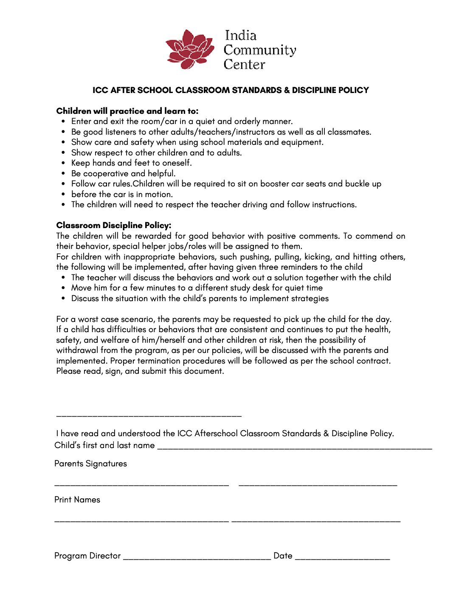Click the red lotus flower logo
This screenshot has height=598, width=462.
click(x=190, y=50)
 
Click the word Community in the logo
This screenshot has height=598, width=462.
click(x=260, y=50)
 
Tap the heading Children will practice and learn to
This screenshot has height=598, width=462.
click(x=127, y=111)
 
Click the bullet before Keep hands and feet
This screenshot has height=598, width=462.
click(x=63, y=163)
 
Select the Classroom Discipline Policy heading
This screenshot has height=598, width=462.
click(x=114, y=226)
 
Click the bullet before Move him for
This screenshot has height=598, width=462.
click(x=63, y=288)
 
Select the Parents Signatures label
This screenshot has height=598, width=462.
click(x=90, y=464)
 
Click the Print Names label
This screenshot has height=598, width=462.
click(x=77, y=500)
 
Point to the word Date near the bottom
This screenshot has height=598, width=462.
click(x=283, y=556)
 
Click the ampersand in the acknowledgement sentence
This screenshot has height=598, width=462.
click(x=326, y=434)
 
